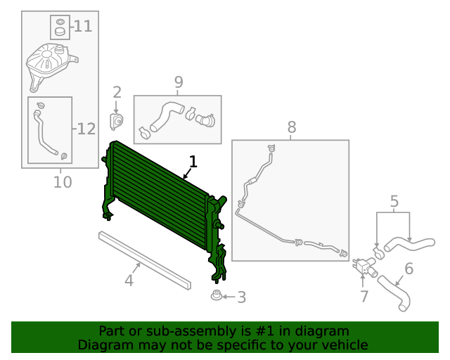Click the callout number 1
pyautogui.click(x=193, y=162)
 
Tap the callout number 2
pyautogui.click(x=117, y=92)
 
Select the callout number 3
pyautogui.click(x=241, y=297)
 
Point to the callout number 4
pyautogui.click(x=129, y=281)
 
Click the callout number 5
pyautogui.click(x=394, y=202)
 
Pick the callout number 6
pyautogui.click(x=409, y=268)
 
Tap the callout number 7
pyautogui.click(x=364, y=297)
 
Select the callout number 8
pyautogui.click(x=292, y=127)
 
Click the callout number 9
pyautogui.click(x=178, y=82)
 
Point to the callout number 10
pyautogui.click(x=63, y=183)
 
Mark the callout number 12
pyautogui.click(x=85, y=129)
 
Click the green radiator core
pyautogui.click(x=158, y=197)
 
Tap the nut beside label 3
pyautogui.click(x=216, y=296)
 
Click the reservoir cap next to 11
pyautogui.click(x=60, y=29)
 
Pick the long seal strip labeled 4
pyautogui.click(x=144, y=259)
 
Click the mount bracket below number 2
pyautogui.click(x=116, y=121)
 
